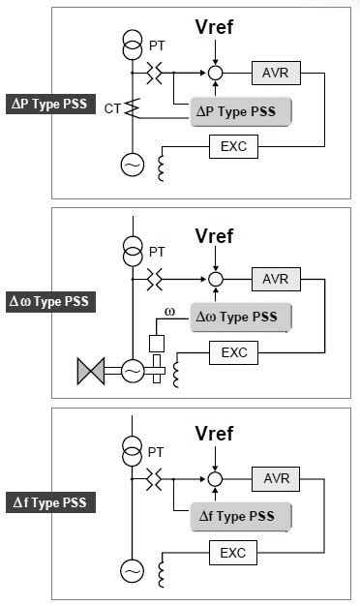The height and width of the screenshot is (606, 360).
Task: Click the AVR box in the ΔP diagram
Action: click(275, 73)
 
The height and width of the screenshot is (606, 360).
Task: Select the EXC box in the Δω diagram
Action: click(233, 353)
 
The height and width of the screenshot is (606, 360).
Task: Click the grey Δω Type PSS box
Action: click(241, 317)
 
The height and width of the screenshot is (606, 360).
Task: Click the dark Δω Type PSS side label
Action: click(49, 301)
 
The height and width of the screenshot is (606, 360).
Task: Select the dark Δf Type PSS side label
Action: click(49, 502)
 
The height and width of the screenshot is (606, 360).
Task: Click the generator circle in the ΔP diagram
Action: click(130, 166)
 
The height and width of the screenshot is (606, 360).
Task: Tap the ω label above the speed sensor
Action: click(169, 312)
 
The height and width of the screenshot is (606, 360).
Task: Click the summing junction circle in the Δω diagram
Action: click(216, 278)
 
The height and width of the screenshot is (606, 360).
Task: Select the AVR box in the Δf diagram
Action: click(275, 478)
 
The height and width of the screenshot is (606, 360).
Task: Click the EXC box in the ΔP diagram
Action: click(233, 147)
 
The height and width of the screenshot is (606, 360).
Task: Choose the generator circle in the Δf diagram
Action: click(130, 571)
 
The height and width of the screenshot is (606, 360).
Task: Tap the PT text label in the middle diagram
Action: click(157, 252)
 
